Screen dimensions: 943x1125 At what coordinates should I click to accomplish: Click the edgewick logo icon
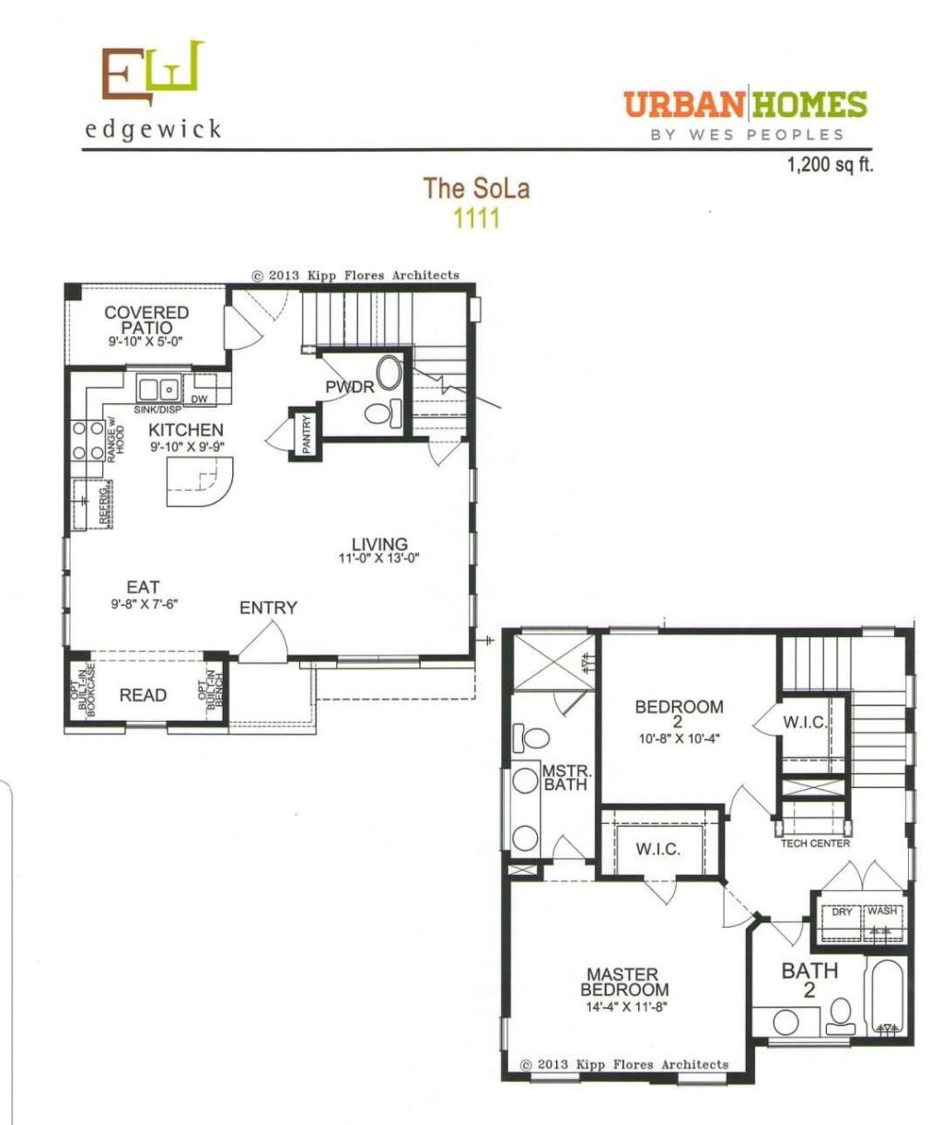[x=153, y=73]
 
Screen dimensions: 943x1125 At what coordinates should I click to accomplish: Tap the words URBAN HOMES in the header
[x=745, y=104]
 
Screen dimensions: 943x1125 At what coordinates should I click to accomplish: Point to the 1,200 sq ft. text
[x=831, y=165]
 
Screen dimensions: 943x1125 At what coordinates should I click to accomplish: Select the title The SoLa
[x=476, y=188]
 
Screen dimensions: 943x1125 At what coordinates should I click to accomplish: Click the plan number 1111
[x=477, y=218]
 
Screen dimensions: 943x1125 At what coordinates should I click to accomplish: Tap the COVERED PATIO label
[x=146, y=320]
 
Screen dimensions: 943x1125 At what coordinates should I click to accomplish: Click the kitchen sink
[x=157, y=388]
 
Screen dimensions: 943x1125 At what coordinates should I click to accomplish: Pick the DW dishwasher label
[x=200, y=400]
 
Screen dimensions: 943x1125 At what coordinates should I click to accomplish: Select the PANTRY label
[x=306, y=434]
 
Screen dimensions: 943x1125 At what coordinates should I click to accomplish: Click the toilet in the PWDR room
[x=383, y=412]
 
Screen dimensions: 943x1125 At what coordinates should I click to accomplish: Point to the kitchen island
[x=200, y=481]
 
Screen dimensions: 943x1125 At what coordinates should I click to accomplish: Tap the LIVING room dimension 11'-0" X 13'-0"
[x=378, y=559]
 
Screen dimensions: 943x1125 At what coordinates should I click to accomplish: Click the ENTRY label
[x=268, y=608]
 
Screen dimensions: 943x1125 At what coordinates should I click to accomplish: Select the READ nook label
[x=143, y=695]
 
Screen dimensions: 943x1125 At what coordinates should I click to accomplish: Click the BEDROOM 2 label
[x=679, y=713]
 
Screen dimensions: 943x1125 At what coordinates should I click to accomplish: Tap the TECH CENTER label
[x=815, y=843]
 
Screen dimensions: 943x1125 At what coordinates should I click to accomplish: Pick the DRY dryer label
[x=842, y=911]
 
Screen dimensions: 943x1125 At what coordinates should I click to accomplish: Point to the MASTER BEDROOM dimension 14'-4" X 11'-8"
[x=626, y=1007]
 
